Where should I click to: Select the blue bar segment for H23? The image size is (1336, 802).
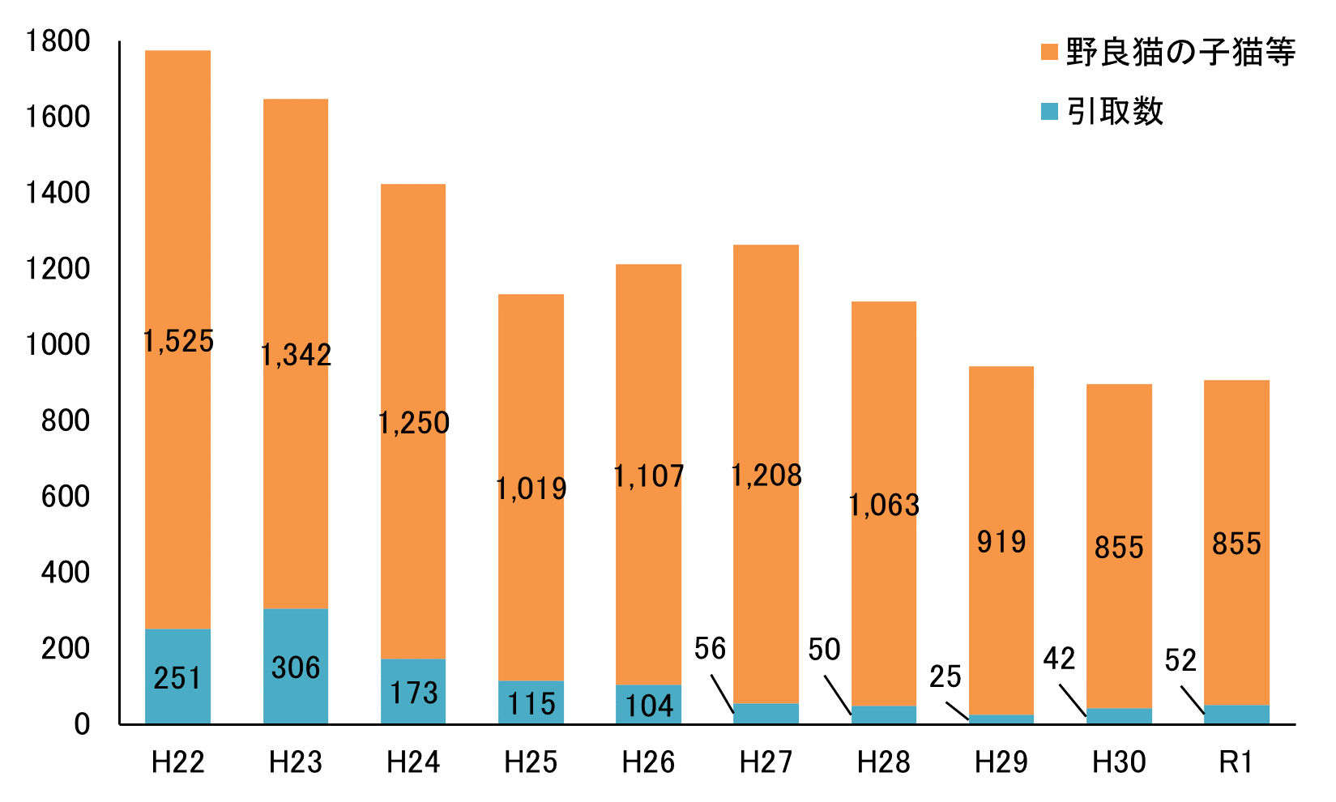[296, 666]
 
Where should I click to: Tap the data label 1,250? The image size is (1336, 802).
[414, 423]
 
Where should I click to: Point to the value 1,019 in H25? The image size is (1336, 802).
[531, 488]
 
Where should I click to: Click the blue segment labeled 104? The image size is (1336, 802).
[649, 705]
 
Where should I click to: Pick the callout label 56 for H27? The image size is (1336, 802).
[710, 648]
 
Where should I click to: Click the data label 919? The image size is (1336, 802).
[1001, 541]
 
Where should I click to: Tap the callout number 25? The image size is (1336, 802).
[945, 676]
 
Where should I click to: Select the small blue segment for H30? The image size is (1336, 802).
[1119, 716]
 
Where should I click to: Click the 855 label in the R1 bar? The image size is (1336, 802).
[1236, 544]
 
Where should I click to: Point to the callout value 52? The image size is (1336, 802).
[1180, 661]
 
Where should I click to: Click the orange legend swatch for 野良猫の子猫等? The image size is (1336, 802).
[1049, 53]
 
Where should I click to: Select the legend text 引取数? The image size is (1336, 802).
[1115, 112]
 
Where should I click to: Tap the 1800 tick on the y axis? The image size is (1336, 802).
[57, 41]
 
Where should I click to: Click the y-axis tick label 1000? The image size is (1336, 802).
[57, 345]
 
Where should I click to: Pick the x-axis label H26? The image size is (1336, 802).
[649, 762]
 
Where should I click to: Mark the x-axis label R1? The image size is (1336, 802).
[1236, 762]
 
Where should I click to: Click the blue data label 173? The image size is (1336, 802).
[414, 693]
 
